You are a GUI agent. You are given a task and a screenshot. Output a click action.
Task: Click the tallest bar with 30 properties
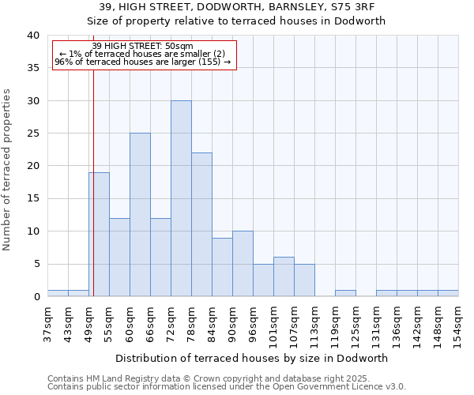pyautogui.click(x=181, y=199)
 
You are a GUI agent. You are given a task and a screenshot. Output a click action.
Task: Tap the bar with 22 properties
pyautogui.click(x=201, y=225)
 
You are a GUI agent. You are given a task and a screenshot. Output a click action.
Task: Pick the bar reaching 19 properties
pyautogui.click(x=99, y=235)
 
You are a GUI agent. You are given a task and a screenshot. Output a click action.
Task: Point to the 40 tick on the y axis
pyautogui.click(x=32, y=36)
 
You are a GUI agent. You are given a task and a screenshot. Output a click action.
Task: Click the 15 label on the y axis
pyautogui.click(x=32, y=198)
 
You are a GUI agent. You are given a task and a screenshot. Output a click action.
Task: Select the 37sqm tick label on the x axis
pyautogui.click(x=47, y=324)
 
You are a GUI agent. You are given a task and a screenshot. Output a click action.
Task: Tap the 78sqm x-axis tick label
pyautogui.click(x=191, y=324)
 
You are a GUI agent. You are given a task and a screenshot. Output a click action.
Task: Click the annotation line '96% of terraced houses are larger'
pyautogui.click(x=142, y=62)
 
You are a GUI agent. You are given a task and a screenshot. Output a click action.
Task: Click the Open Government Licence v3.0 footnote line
pyautogui.click(x=226, y=387)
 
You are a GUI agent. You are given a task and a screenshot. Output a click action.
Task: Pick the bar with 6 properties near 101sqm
pyautogui.click(x=284, y=277)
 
